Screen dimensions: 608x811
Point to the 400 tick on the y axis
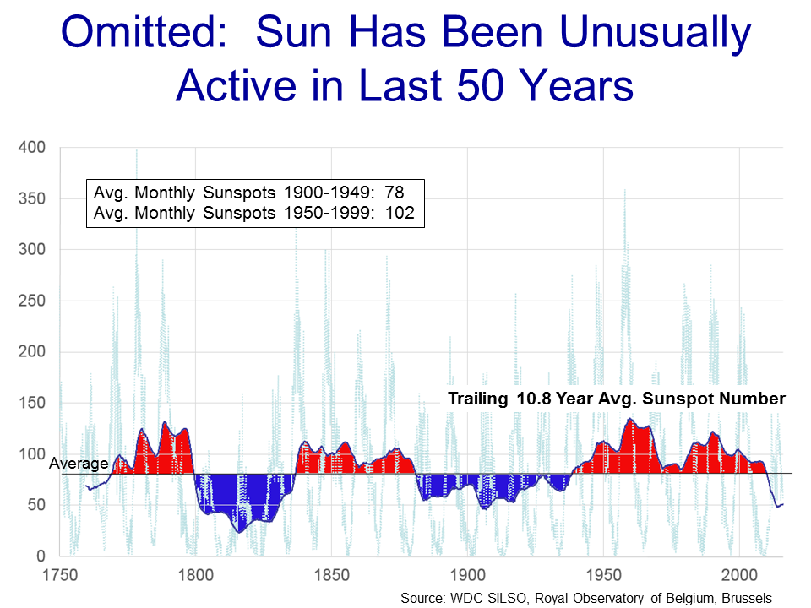coord(34,148)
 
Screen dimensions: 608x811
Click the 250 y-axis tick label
coord(34,301)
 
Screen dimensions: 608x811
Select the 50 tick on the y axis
coord(38,505)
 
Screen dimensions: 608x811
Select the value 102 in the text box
coord(400,213)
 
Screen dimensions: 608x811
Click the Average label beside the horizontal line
coord(79,463)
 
